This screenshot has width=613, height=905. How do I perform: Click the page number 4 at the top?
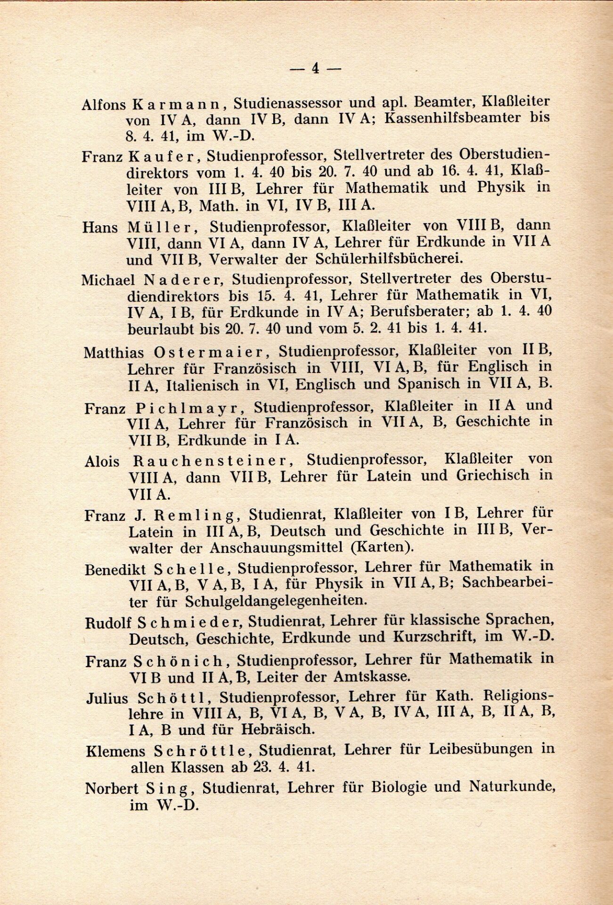pyautogui.click(x=315, y=68)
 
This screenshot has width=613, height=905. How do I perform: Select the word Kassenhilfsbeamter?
pyautogui.click(x=450, y=118)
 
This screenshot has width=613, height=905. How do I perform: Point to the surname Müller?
pyautogui.click(x=160, y=227)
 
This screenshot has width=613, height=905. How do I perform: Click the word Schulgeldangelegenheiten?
pyautogui.click(x=277, y=601)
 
